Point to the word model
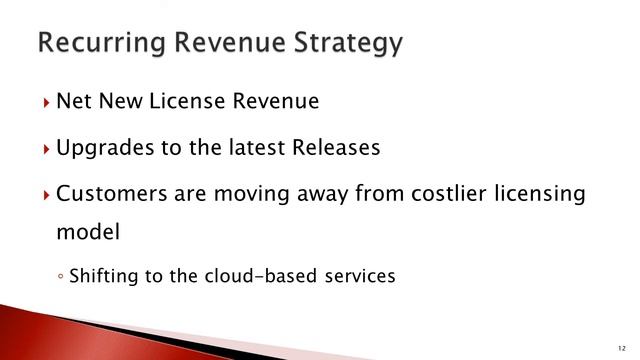coord(88,232)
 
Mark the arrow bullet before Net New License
coord(46,102)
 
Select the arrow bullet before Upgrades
coord(46,149)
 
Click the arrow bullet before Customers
coord(46,195)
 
